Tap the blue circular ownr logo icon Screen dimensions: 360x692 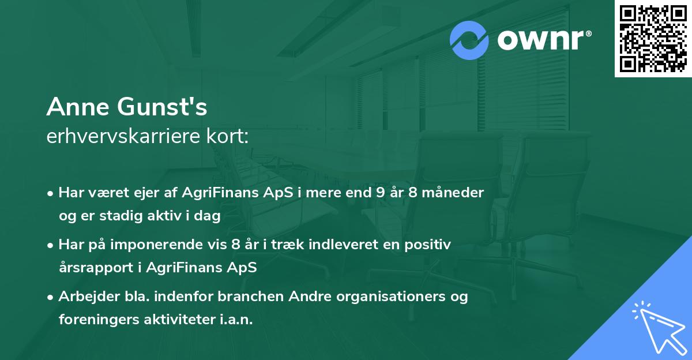pyautogui.click(x=469, y=40)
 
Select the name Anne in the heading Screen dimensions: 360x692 pyautogui.click(x=77, y=107)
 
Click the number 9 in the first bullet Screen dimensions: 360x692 pyautogui.click(x=379, y=192)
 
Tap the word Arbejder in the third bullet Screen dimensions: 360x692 pyautogui.click(x=86, y=297)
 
